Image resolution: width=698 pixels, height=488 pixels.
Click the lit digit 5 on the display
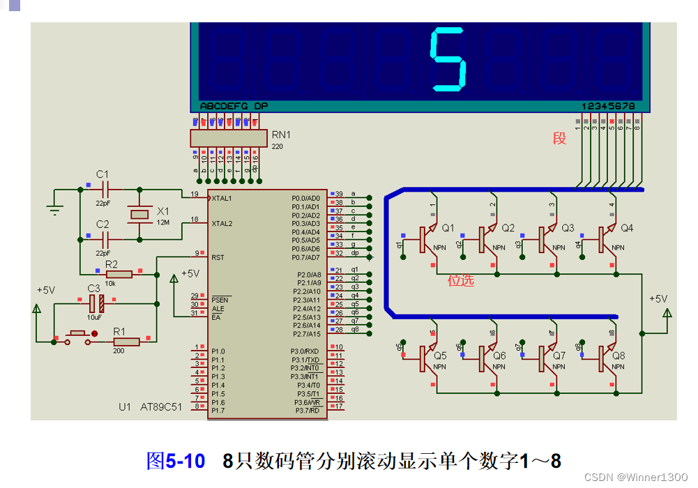point(447,60)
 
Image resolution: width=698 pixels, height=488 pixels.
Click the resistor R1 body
point(126,341)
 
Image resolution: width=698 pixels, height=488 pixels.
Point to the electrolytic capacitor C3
point(96,303)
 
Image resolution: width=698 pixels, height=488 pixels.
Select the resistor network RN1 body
point(229,138)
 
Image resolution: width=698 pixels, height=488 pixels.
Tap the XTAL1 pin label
point(223,198)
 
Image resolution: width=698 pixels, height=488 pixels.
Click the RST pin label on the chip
point(218,257)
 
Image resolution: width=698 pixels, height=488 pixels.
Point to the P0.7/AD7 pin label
point(305,257)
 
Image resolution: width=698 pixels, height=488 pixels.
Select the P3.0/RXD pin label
point(305,351)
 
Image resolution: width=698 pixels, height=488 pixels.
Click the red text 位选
point(461,280)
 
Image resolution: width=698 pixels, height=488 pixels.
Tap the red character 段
point(559,138)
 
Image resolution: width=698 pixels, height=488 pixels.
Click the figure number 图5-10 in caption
point(176,461)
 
